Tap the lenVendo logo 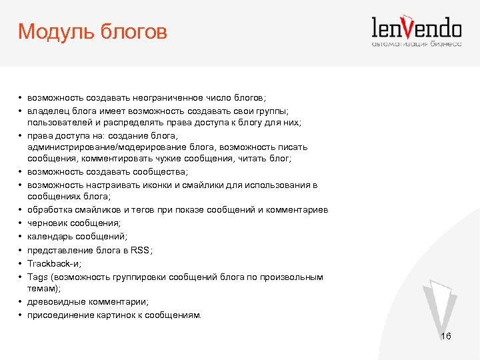(x=416, y=28)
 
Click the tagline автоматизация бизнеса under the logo (x=416, y=44)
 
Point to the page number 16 (x=446, y=337)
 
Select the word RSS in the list (x=140, y=250)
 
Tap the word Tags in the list (x=37, y=276)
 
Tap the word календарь (x=50, y=237)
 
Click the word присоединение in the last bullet (x=59, y=315)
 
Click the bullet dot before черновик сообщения (x=21, y=223)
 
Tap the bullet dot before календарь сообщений (x=21, y=237)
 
